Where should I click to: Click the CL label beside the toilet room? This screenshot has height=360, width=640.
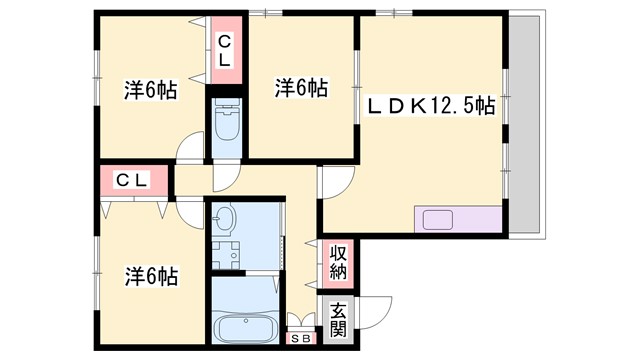point(225,51)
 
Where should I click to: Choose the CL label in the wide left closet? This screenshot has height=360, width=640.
point(132,181)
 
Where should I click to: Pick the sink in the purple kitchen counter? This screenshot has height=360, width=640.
point(437,219)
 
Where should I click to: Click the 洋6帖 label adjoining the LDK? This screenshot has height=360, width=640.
point(301,89)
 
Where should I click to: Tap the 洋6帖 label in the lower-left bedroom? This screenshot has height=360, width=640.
point(151,275)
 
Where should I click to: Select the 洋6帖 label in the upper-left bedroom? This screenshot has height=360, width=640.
point(151,89)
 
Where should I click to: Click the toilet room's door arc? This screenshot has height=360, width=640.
point(225,176)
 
